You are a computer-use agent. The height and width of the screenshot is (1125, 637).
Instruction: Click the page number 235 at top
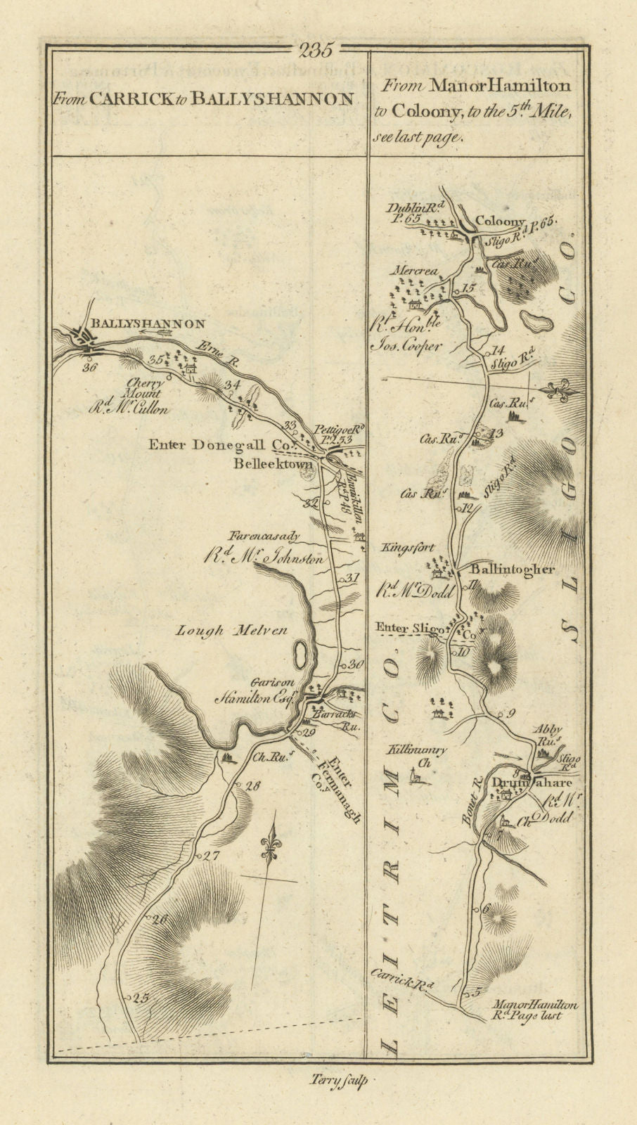pyautogui.click(x=318, y=50)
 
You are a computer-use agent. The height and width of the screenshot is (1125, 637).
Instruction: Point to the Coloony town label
pyautogui.click(x=501, y=221)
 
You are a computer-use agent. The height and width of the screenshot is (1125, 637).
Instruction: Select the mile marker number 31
pyautogui.click(x=352, y=579)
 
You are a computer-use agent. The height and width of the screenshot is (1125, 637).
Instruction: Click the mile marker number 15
pyautogui.click(x=469, y=288)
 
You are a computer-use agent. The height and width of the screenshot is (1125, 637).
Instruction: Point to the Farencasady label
pyautogui.click(x=274, y=536)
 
